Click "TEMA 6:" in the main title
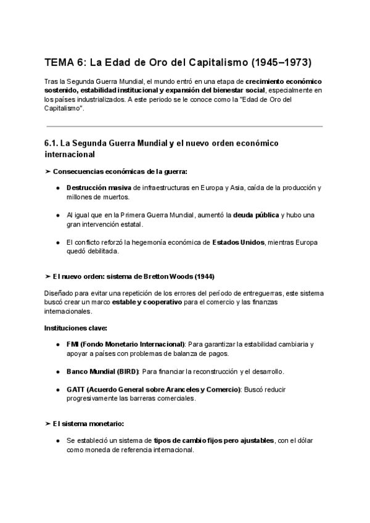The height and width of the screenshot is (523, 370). pyautogui.click(x=65, y=62)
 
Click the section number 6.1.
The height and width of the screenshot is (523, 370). pyautogui.click(x=52, y=143)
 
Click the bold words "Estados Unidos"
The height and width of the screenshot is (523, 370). pyautogui.click(x=238, y=242)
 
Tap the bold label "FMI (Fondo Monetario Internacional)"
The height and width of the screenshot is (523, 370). pyautogui.click(x=125, y=344)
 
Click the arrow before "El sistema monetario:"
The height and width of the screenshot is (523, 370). pyautogui.click(x=48, y=424)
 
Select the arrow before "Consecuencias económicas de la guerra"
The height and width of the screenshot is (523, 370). pyautogui.click(x=48, y=171)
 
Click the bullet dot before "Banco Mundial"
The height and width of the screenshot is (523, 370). pyautogui.click(x=57, y=371)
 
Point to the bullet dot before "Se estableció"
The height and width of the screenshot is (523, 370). pyautogui.click(x=57, y=441)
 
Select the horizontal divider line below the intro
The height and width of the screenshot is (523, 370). pyautogui.click(x=184, y=126)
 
